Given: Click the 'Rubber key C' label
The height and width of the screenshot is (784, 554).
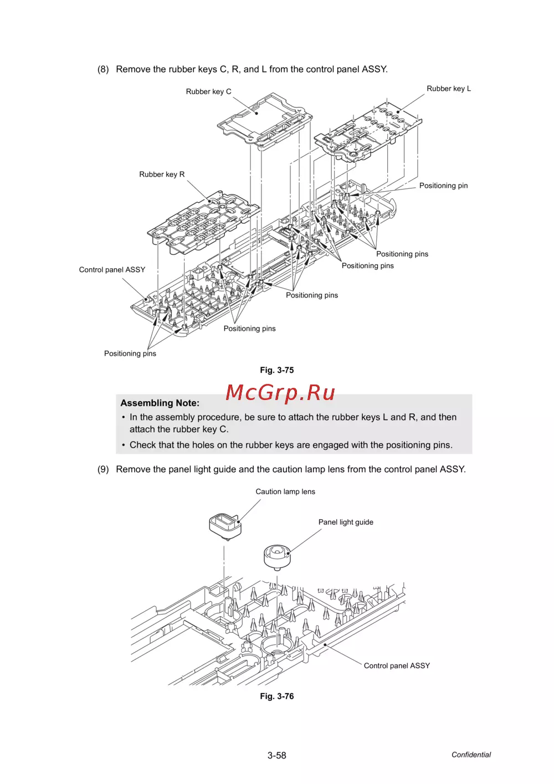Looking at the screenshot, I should point(208,92).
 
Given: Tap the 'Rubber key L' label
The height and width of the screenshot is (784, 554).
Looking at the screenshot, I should point(448,89).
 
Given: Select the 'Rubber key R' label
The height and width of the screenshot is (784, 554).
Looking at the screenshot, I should point(162,175).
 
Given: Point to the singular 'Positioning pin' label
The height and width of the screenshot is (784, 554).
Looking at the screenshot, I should point(443,186).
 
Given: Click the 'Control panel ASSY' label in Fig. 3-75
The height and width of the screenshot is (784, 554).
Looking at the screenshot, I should point(112,270).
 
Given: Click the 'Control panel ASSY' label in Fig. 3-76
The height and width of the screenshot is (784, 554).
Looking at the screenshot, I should point(397,666).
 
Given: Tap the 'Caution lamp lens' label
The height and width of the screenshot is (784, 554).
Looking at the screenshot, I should point(285,492).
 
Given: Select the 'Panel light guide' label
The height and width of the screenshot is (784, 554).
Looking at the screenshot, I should point(346,522).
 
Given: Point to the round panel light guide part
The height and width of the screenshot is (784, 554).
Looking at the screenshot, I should point(277,556).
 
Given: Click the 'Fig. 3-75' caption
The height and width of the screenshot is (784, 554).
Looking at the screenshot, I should point(277,370).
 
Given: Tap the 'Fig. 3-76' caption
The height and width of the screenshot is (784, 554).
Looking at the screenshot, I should point(277,696).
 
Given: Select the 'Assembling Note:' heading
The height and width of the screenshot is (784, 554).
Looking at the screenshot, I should point(160,403).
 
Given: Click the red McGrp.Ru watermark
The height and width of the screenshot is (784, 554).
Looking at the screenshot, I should point(280,393).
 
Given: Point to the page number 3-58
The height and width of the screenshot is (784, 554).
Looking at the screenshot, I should point(276,755).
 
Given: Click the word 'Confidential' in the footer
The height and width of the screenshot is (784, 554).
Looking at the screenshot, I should point(471,755).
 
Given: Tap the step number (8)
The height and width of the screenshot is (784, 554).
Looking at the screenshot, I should point(103,69).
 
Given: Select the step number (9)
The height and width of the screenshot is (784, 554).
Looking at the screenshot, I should point(103,469).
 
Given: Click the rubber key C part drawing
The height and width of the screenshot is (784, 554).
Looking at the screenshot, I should point(265,119).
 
